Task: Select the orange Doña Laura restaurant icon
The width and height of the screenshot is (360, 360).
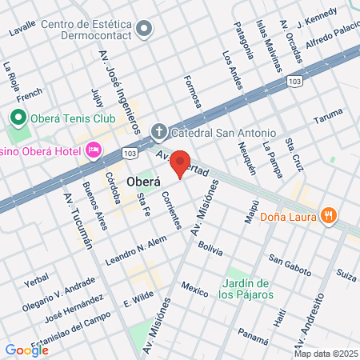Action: pos(329,215)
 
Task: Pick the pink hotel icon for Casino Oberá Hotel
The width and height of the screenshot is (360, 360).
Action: pos(94,150)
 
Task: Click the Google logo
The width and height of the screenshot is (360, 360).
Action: pos(26,350)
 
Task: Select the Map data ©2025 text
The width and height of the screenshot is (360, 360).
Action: pos(325,354)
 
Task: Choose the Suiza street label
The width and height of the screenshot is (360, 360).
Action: pos(346,276)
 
